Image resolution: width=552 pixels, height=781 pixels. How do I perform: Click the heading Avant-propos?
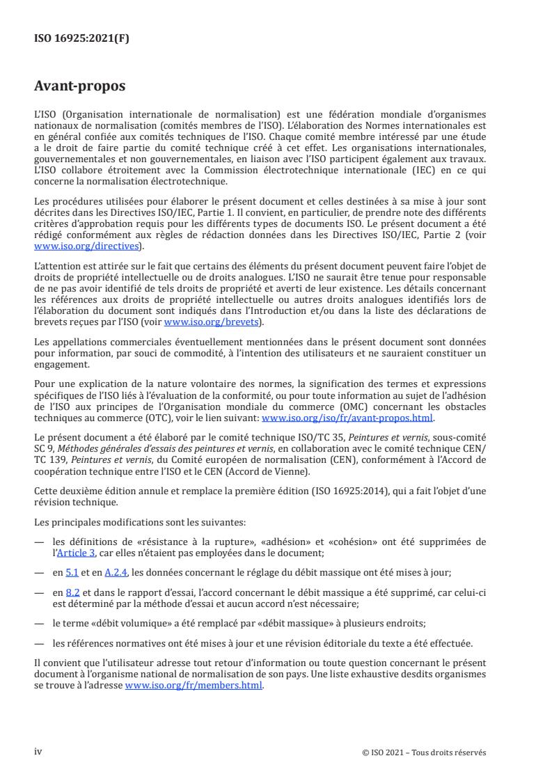click(80, 87)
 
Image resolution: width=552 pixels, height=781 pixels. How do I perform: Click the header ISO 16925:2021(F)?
click(81, 39)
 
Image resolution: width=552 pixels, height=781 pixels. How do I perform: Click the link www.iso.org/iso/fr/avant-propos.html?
click(347, 418)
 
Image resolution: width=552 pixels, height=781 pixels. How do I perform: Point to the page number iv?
click(38, 752)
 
